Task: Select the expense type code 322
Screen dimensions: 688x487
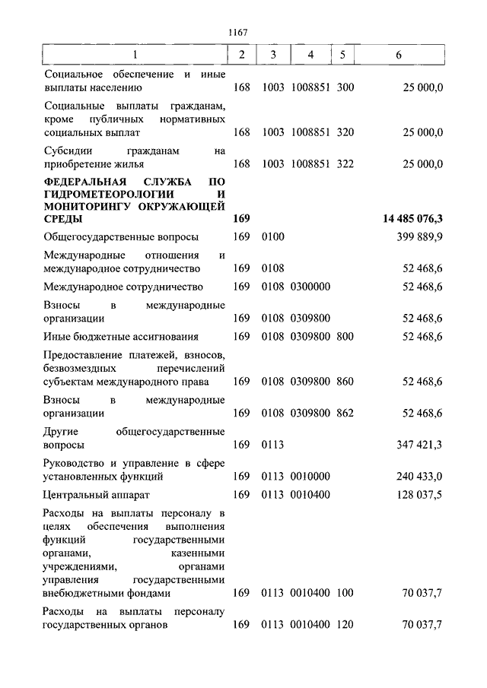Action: [x=345, y=163]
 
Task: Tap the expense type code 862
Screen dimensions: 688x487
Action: [x=345, y=413]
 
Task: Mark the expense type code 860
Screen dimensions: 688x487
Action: [x=345, y=381]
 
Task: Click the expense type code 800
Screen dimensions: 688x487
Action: [x=345, y=336]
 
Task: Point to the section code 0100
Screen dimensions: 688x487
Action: [x=272, y=237]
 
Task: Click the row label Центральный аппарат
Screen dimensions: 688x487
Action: [x=94, y=495]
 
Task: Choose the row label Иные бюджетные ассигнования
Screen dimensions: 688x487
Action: [x=122, y=336]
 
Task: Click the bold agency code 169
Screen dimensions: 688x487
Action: [x=241, y=219]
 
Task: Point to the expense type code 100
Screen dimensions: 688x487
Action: [x=345, y=593]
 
